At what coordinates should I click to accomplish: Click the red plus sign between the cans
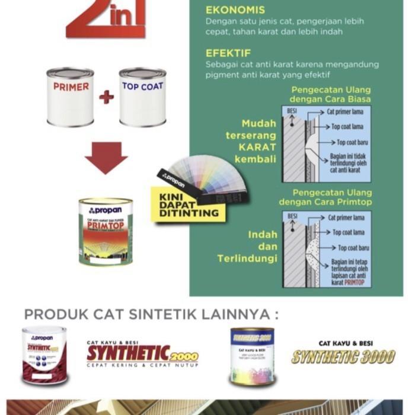point(107,97)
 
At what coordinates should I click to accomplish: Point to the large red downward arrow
point(106,157)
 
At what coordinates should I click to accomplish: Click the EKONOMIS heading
point(235,10)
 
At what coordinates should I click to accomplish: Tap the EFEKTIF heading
point(229,52)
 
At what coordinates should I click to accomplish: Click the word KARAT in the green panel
point(257,147)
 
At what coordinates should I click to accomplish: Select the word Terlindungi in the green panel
point(247,258)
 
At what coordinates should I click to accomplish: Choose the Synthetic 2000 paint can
point(45,356)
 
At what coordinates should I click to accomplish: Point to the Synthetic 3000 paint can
point(253,356)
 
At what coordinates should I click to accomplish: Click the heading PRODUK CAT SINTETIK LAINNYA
point(152,313)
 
